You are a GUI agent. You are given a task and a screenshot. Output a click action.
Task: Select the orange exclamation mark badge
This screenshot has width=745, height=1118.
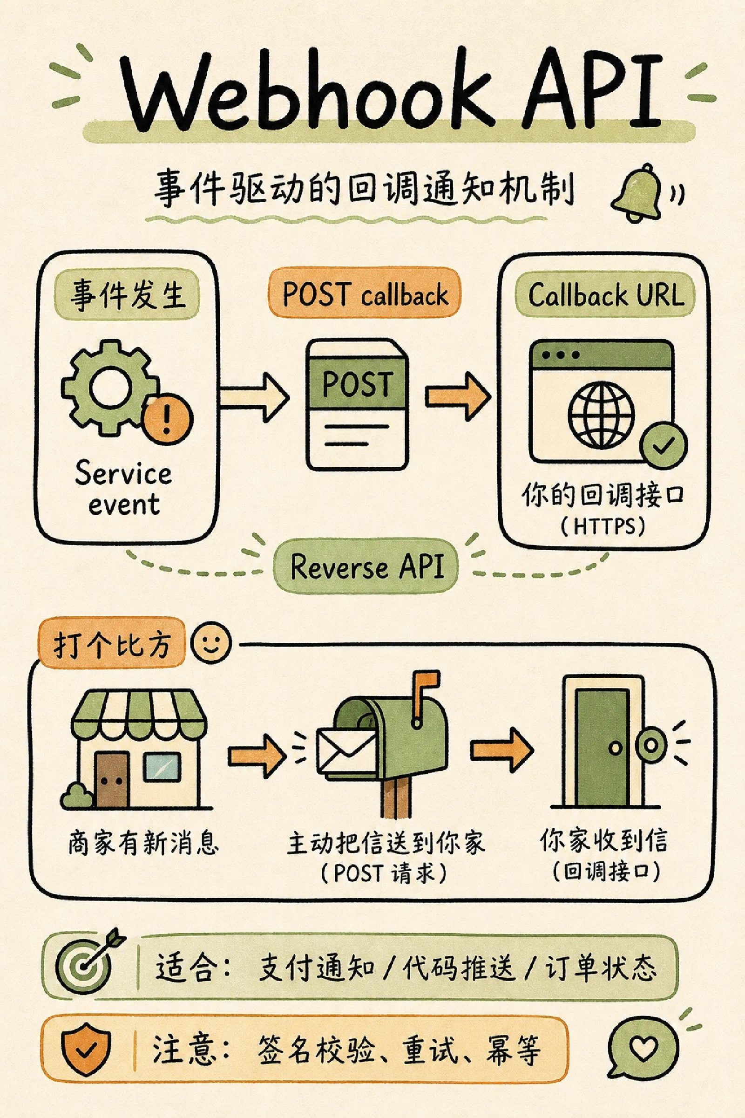(167, 419)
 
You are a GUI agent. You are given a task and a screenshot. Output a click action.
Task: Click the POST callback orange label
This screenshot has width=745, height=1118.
(365, 293)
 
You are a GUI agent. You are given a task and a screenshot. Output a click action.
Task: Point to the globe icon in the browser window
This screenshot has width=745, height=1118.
(602, 414)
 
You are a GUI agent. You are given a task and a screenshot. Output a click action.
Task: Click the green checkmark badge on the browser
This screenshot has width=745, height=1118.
(663, 445)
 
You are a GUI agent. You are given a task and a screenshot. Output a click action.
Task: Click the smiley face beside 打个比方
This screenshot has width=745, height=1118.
(210, 643)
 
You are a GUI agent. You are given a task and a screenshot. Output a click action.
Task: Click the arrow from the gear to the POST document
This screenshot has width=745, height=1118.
(254, 397)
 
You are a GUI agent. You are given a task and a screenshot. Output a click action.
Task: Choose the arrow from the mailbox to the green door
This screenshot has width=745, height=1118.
(502, 750)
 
